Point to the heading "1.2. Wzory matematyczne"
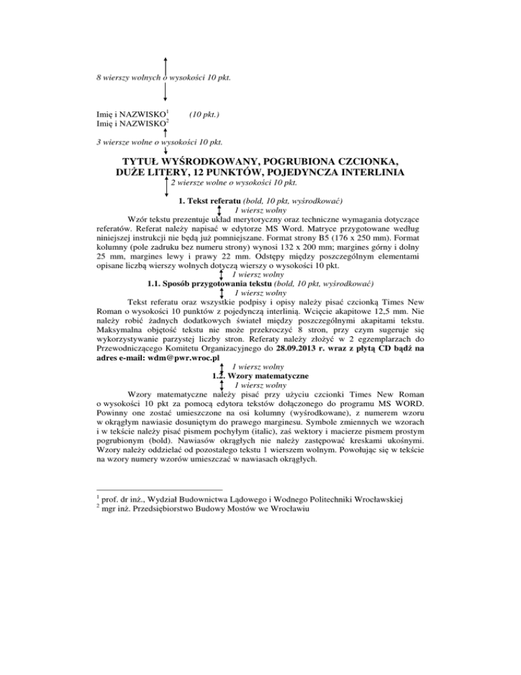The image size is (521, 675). coord(260,376)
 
